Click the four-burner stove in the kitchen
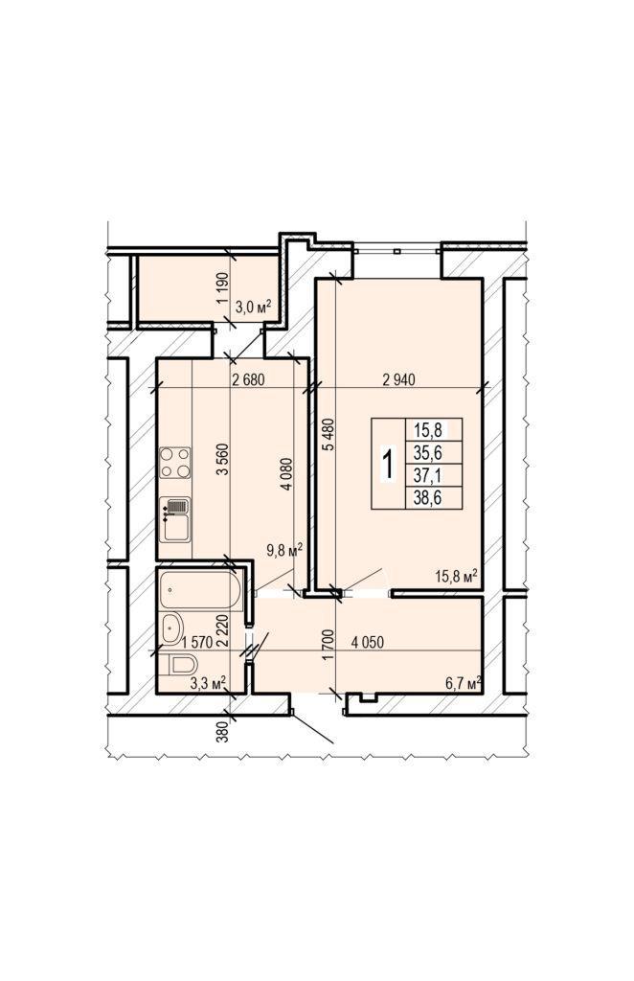click(x=175, y=463)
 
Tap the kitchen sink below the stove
click(x=175, y=520)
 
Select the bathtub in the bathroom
click(x=200, y=589)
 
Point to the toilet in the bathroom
click(x=179, y=664)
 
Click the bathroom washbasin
click(x=172, y=628)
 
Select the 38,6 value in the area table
click(x=428, y=498)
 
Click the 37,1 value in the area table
click(x=428, y=476)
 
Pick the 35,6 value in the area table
click(x=428, y=452)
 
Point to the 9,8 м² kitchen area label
click(x=284, y=550)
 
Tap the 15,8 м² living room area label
click(x=457, y=576)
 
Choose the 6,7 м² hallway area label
click(x=464, y=682)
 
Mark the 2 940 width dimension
click(x=399, y=379)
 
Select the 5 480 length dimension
click(x=329, y=434)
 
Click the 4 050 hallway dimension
click(x=368, y=642)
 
